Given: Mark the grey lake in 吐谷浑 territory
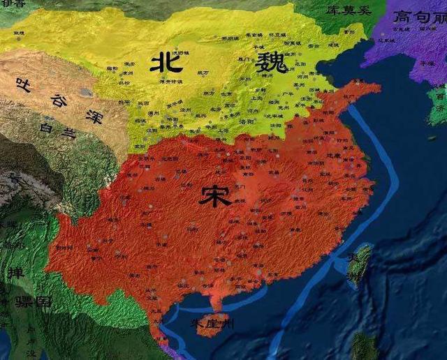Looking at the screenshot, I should (85, 91).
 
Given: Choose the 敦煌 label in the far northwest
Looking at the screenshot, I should (18, 33).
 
